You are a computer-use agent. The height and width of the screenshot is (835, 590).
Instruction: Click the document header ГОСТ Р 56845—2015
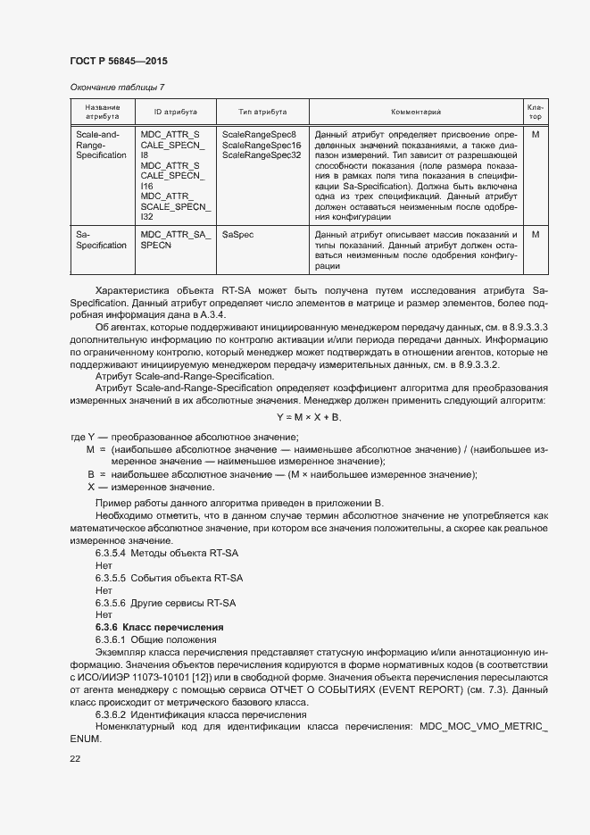click(x=118, y=62)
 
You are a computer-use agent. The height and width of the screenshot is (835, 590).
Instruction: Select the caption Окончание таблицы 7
click(x=117, y=87)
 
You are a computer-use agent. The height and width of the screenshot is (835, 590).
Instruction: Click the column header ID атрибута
click(x=175, y=112)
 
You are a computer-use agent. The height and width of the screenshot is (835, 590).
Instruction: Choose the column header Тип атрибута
click(x=262, y=112)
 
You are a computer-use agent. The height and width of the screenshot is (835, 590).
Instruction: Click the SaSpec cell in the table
click(x=237, y=234)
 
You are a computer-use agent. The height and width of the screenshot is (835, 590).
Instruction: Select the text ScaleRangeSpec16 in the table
click(x=262, y=144)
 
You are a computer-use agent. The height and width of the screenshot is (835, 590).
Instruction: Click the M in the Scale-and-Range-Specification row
click(x=536, y=133)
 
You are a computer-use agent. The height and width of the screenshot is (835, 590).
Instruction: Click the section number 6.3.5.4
click(x=112, y=554)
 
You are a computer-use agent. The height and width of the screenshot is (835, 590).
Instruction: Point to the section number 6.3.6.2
click(x=112, y=714)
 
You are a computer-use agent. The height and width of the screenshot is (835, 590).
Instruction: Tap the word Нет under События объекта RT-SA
click(x=103, y=590)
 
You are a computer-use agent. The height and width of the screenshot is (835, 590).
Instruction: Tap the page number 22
click(x=75, y=758)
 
